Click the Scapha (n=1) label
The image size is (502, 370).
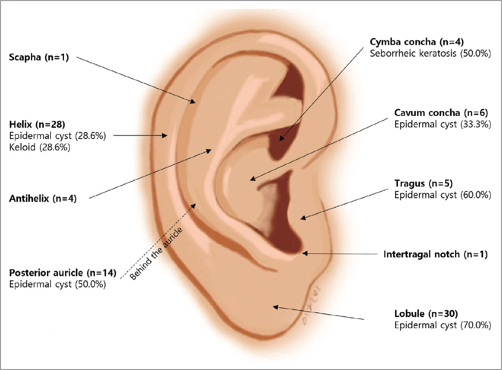(39, 58)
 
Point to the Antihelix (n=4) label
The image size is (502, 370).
(43, 198)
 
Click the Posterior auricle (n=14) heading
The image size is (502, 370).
(62, 273)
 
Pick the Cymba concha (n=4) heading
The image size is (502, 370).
(417, 42)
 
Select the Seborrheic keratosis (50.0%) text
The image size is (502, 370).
(430, 53)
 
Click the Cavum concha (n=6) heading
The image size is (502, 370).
(441, 113)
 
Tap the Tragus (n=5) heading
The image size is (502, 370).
(423, 183)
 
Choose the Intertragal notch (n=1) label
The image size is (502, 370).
(435, 254)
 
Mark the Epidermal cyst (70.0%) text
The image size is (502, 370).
(442, 325)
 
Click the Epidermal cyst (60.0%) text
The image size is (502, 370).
(442, 195)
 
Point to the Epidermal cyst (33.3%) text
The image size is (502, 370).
(442, 124)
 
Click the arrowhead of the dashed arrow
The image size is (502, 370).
(195, 204)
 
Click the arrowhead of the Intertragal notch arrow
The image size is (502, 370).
(305, 253)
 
